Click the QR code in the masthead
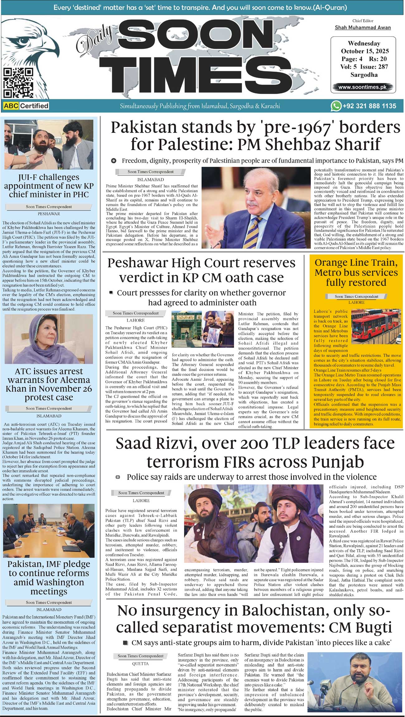(x=18, y=83)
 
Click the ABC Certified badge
(x=26, y=106)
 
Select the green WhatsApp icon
(x=336, y=106)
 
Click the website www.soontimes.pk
(x=362, y=87)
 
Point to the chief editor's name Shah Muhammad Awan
(x=363, y=28)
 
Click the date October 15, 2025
(x=364, y=51)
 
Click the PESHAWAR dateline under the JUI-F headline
(x=49, y=214)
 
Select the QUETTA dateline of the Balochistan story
(x=140, y=663)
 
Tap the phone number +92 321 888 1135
(x=369, y=106)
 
